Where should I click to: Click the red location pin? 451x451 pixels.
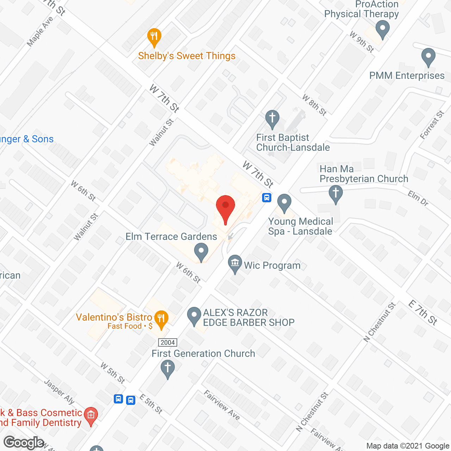click(x=225, y=208)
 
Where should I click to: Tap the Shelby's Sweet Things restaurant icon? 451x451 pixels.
click(x=154, y=37)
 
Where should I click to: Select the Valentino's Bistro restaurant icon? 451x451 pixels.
click(x=161, y=319)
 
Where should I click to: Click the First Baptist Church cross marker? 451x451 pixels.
click(x=272, y=119)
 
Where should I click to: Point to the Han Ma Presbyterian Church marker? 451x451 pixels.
click(x=335, y=194)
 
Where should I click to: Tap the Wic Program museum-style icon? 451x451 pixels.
click(x=235, y=264)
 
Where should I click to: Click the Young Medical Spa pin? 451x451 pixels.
click(x=284, y=203)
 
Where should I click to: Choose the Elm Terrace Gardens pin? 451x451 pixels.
click(x=201, y=252)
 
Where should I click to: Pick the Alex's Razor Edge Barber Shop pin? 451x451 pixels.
click(x=193, y=316)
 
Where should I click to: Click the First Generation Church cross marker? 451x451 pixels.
click(x=168, y=369)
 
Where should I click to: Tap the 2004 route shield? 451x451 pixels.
click(x=168, y=342)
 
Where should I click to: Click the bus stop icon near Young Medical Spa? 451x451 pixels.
click(x=267, y=197)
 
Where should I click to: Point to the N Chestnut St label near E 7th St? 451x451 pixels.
click(x=379, y=322)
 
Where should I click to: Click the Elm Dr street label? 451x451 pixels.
click(x=418, y=198)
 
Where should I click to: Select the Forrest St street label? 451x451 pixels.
click(x=432, y=125)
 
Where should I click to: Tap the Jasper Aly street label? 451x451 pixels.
click(x=59, y=391)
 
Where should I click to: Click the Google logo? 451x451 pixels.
click(x=24, y=443)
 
